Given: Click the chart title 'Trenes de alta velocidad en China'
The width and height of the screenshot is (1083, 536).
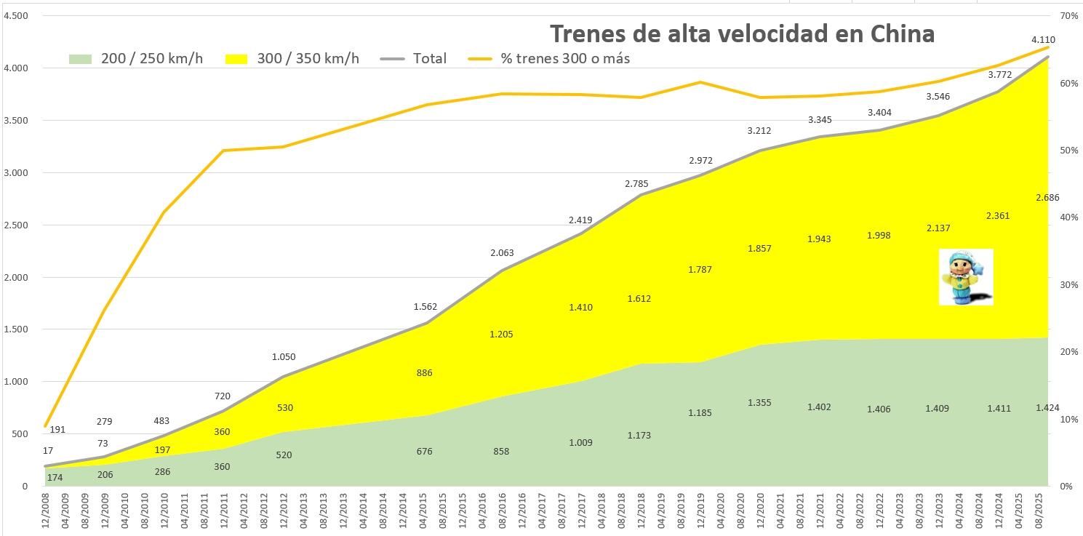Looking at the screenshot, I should (x=741, y=33).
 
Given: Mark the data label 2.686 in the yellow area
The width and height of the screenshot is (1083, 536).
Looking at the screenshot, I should (x=1047, y=197).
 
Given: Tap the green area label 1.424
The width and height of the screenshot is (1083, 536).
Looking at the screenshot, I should (x=1047, y=407).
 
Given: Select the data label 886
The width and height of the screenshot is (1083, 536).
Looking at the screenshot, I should (x=424, y=373).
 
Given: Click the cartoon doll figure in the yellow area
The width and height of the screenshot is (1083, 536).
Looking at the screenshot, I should (x=966, y=277).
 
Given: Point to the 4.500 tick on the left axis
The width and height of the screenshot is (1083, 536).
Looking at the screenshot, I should (x=15, y=16).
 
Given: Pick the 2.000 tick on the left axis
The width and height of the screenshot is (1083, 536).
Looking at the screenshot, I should (x=15, y=277).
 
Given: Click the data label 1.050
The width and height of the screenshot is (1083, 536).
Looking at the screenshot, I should (x=284, y=356).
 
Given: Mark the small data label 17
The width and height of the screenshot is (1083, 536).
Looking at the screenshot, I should (x=48, y=451).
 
